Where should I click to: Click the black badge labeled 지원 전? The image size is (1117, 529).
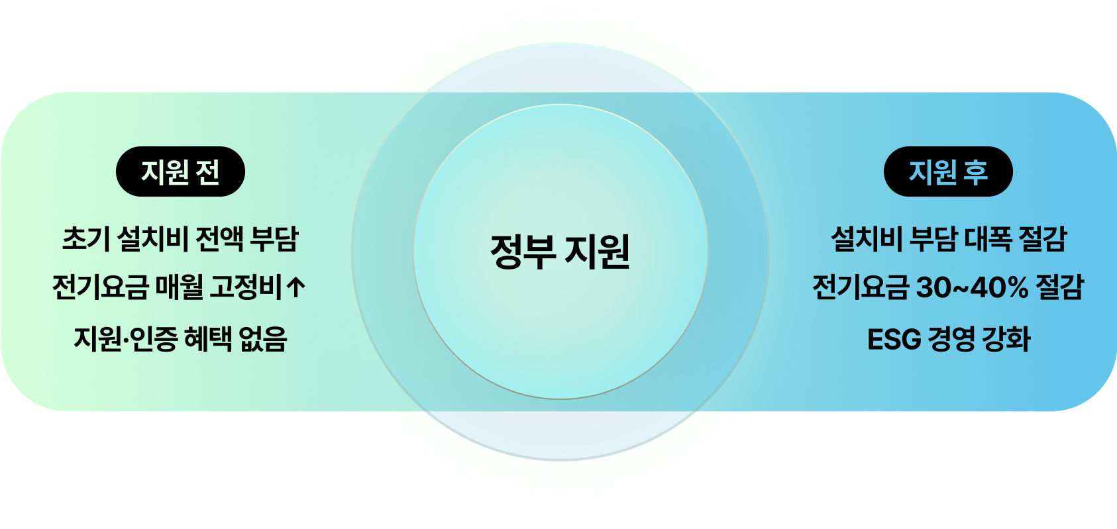180,172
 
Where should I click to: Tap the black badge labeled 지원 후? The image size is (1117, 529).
948,172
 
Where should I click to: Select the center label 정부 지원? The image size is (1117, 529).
560,252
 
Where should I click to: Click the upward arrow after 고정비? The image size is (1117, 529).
297,287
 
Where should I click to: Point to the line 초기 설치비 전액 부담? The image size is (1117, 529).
180,238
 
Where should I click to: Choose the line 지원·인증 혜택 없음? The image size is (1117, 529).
180,339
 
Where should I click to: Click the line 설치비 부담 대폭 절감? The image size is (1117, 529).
949,238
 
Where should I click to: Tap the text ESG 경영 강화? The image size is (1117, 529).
949,339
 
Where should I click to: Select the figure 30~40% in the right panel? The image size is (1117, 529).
972,287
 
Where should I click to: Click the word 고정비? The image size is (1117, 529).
246,287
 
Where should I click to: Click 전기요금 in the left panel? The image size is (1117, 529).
100,287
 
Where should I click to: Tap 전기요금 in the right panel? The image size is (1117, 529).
860,287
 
